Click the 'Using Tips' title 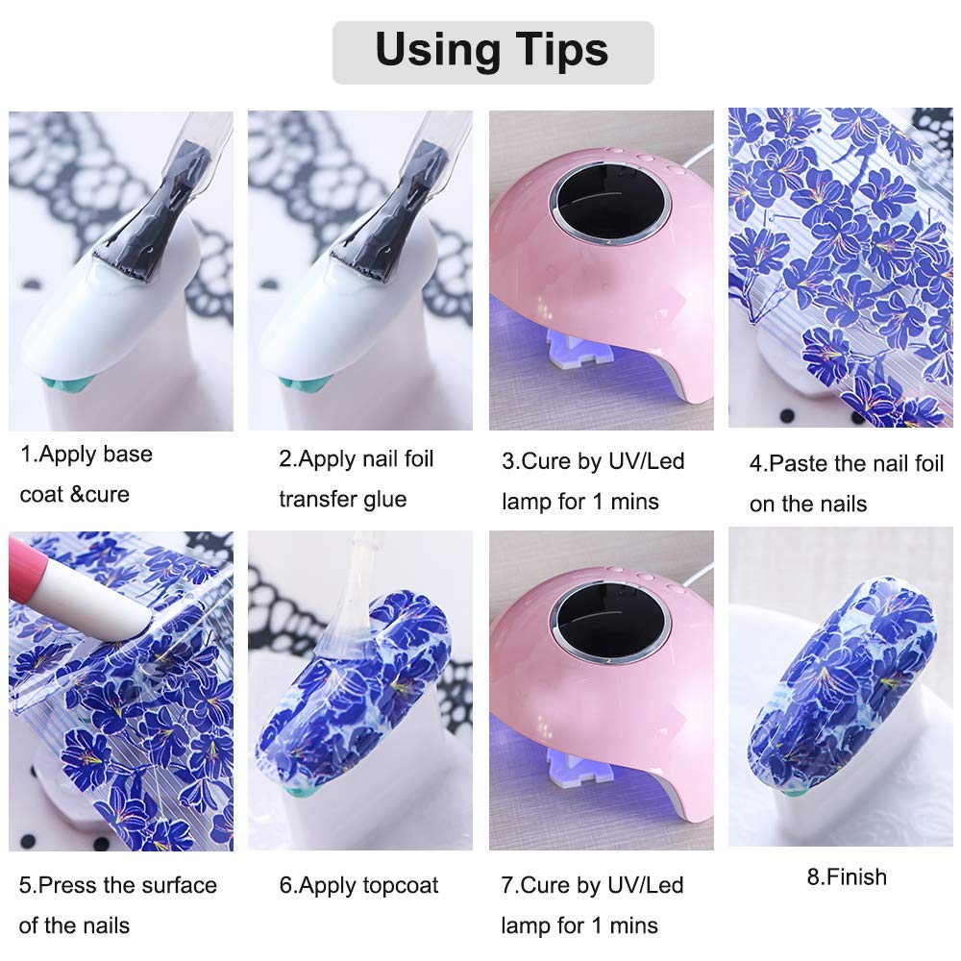492,50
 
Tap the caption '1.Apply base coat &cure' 86,474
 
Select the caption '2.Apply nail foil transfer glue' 357,479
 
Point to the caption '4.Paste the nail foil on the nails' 847,483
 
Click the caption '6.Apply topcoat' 358,885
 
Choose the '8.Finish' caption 847,877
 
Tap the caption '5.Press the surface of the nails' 117,905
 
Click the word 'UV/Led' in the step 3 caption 646,461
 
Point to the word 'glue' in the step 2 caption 385,500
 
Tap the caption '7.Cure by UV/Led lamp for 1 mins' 592,905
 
